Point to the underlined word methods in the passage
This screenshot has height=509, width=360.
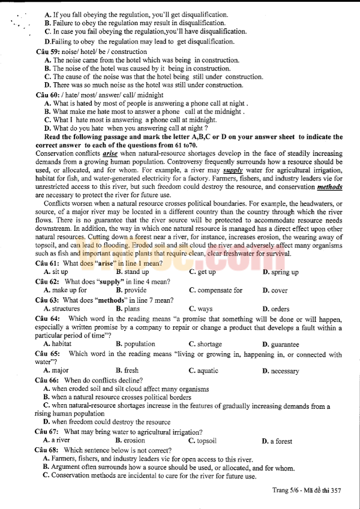click(x=329, y=186)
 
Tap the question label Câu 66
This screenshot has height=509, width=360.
click(x=47, y=380)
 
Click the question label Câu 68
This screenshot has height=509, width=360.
click(x=47, y=450)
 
